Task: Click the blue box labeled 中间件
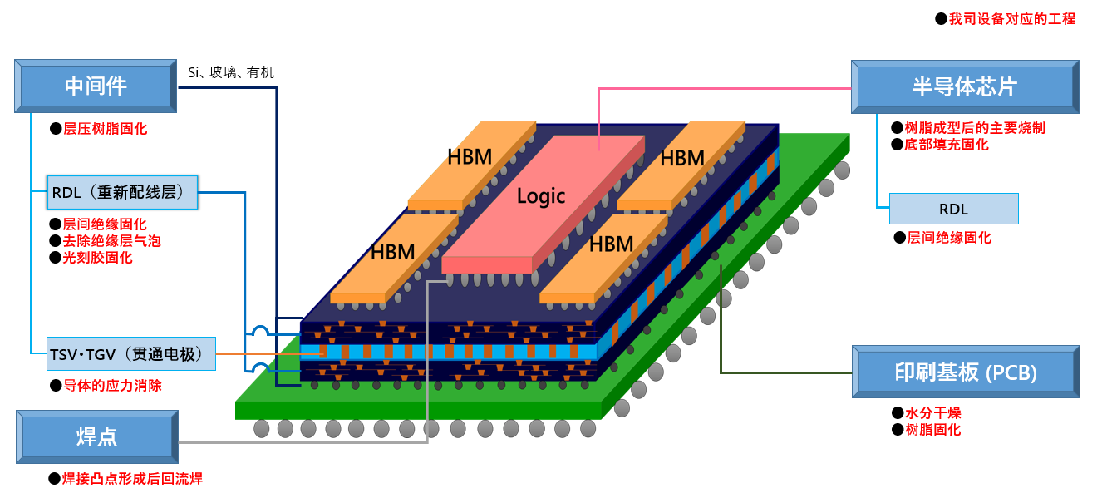pos(96,86)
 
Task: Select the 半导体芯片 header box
pos(964,87)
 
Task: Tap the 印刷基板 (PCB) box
pos(966,372)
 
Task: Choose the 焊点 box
pos(96,437)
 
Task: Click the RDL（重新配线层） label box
pos(123,192)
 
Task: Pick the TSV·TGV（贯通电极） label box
pos(131,354)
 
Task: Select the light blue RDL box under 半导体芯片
pos(953,209)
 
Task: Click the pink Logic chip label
pos(541,196)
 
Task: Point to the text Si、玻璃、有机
pos(231,72)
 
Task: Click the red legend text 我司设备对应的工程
pos(1012,18)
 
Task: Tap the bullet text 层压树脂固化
pos(105,129)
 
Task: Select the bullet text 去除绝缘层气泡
pos(111,241)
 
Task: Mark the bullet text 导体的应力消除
pos(112,386)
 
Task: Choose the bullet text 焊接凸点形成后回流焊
pos(132,479)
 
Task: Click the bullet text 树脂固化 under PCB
pos(932,430)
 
